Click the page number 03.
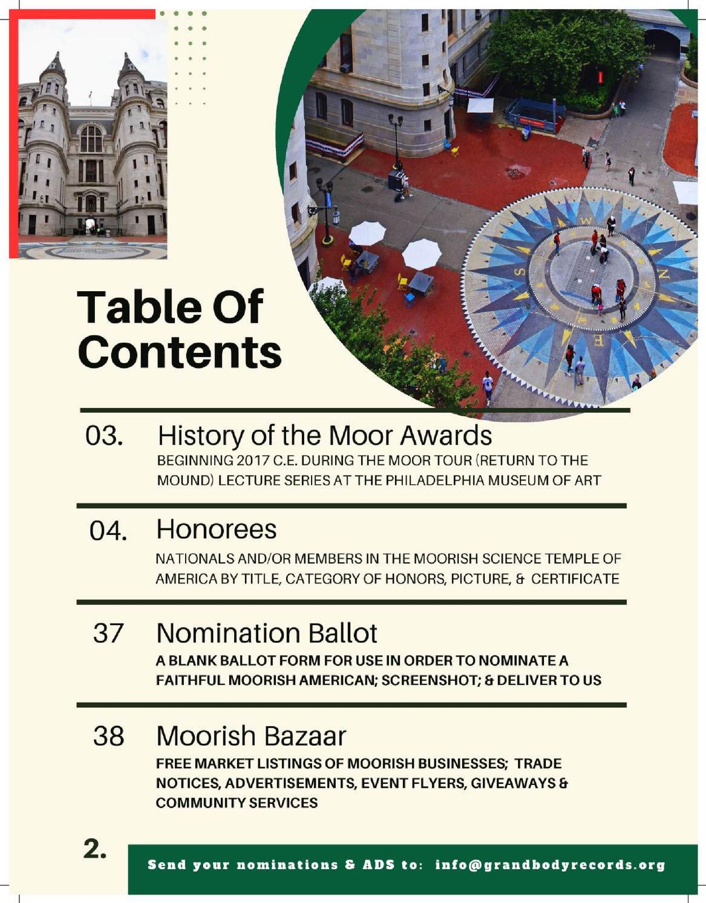(104, 436)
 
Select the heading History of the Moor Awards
(325, 436)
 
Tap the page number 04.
(108, 531)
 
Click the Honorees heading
(216, 529)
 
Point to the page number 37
(108, 633)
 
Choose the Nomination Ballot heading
(266, 633)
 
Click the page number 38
(108, 736)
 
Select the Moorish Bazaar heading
(251, 736)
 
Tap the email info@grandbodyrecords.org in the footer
(550, 865)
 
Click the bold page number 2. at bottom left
(95, 849)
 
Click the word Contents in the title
(179, 352)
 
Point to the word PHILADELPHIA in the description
(433, 481)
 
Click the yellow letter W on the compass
(586, 221)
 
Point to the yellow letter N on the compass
(664, 275)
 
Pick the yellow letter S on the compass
(521, 273)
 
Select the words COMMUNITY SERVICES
(236, 803)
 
